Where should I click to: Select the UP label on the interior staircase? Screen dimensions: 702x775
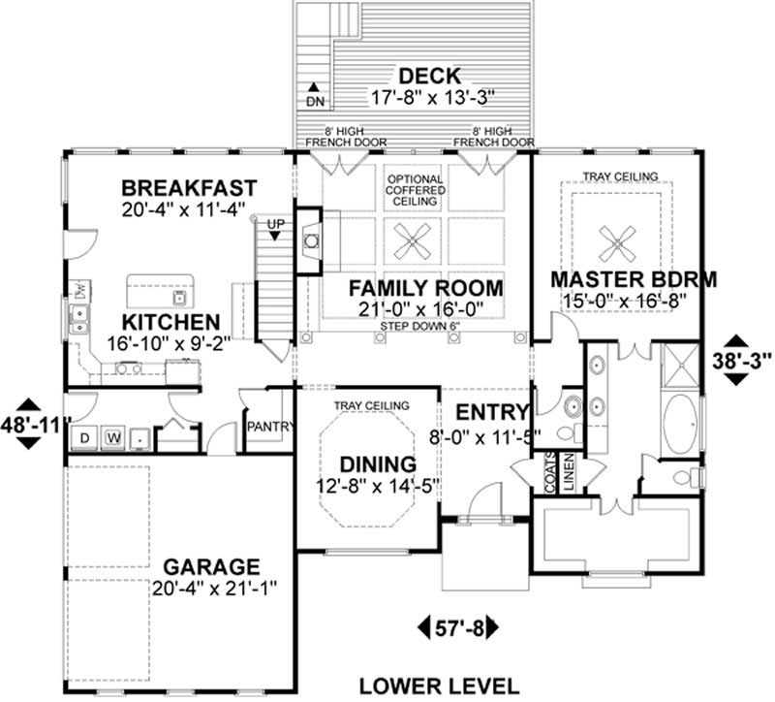pyautogui.click(x=275, y=225)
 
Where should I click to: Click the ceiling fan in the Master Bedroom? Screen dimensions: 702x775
pyautogui.click(x=616, y=238)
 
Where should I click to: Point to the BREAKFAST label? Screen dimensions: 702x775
pyautogui.click(x=189, y=187)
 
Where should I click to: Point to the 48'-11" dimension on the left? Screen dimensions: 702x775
pyautogui.click(x=28, y=424)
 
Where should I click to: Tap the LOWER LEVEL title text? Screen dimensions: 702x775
pyautogui.click(x=427, y=686)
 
